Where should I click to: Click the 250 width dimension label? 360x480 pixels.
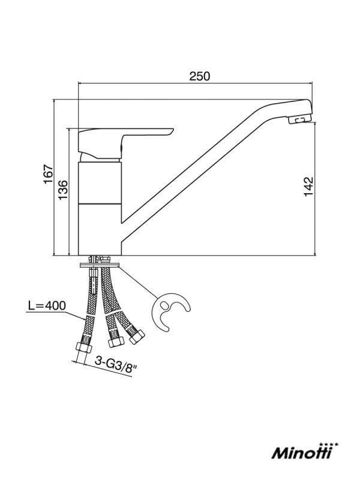[x=200, y=76]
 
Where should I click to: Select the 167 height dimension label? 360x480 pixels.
[x=49, y=174]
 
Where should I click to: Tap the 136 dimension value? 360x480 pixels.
[x=63, y=190]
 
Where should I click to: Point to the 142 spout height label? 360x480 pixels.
[x=309, y=187]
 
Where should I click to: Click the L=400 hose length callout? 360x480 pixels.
[x=47, y=305]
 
